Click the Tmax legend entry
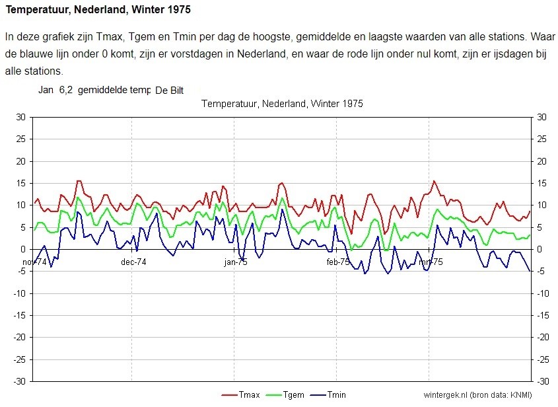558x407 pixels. (240, 394)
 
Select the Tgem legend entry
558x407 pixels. (285, 394)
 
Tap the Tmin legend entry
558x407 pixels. (328, 394)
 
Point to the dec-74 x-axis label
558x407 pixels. (133, 262)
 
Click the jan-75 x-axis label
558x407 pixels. (236, 262)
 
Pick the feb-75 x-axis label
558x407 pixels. (338, 262)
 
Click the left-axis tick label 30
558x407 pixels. (20, 117)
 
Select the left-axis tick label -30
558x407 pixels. (19, 381)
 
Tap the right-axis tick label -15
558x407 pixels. (543, 315)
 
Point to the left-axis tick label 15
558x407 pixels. (20, 183)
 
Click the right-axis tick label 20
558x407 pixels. (541, 161)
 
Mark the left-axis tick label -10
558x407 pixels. (19, 293)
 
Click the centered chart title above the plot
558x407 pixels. (282, 104)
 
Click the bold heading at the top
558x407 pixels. (98, 9)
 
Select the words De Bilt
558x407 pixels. (170, 91)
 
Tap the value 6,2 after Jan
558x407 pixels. (66, 90)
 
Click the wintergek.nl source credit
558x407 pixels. (477, 395)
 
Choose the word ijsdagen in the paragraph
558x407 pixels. (514, 54)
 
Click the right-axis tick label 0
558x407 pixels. (540, 249)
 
